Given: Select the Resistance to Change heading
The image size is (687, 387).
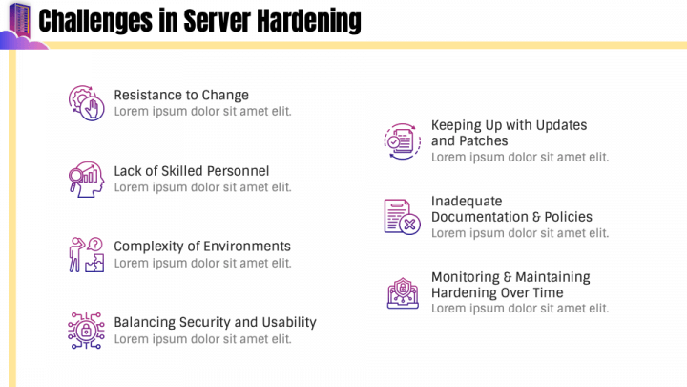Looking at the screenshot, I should coord(181,95).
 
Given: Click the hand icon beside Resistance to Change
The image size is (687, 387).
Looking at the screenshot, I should coord(86,102).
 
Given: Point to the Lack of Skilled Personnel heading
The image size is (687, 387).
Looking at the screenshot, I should coord(191,171).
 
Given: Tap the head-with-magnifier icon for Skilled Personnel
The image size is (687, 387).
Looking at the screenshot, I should coord(86,179).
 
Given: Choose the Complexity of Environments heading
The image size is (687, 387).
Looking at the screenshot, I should coord(202,247).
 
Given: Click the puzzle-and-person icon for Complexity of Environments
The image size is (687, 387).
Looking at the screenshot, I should coord(86,254).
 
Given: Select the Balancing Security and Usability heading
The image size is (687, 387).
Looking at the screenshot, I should coord(215,322).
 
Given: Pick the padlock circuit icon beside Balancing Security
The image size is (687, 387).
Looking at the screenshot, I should coord(86,330).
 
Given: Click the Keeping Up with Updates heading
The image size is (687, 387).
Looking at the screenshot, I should coord(509,125).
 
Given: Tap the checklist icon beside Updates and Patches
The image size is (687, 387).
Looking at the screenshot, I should coord(402,140).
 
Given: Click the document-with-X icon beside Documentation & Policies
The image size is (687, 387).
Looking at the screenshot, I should coord(402,216).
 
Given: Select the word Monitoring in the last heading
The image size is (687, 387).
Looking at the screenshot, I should coord(468,277).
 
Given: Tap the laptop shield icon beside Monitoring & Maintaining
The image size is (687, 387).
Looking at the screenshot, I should coord(402,292).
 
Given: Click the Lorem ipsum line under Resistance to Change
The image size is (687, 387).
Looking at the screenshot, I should coord(202,111).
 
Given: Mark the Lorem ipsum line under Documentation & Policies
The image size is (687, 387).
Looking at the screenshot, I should coord(519,233).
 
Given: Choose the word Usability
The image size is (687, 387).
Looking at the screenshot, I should coord(285,322).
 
